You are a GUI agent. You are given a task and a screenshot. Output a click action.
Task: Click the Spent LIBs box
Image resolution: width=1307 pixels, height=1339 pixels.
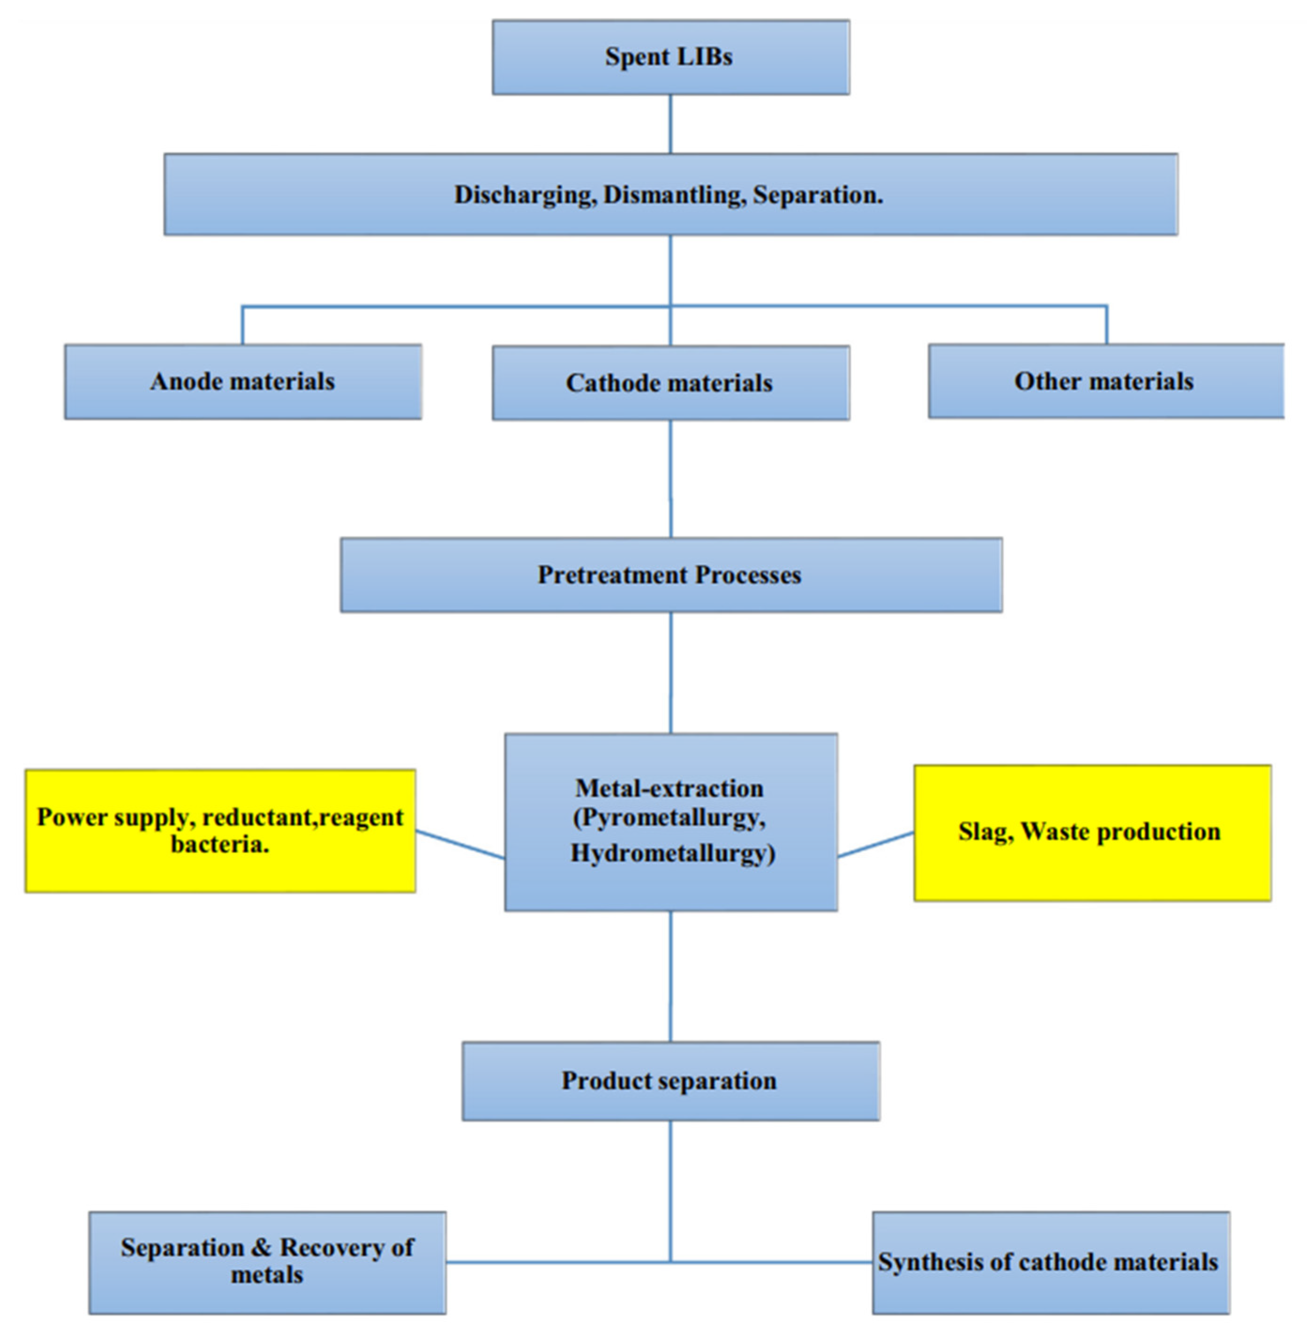(x=670, y=57)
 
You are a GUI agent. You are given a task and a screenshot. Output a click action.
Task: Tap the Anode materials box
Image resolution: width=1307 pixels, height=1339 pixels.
(x=243, y=382)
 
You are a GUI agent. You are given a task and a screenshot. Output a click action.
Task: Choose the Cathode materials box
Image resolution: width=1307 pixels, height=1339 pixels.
(x=670, y=383)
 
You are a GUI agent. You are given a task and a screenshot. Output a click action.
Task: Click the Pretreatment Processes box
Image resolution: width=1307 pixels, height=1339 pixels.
(x=670, y=575)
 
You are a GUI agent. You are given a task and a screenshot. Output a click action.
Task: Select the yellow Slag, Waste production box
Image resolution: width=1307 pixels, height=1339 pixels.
(x=1092, y=832)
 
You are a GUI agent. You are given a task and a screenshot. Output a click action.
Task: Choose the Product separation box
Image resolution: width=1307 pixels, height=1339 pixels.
(x=670, y=1082)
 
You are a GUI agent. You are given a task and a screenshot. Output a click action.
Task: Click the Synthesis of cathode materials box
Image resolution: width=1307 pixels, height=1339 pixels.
(x=1050, y=1263)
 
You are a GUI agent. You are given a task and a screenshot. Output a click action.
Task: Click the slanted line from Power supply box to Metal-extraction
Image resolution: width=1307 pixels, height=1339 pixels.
(x=460, y=845)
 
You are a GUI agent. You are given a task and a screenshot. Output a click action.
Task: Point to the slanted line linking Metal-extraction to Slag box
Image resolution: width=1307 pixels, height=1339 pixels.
(x=876, y=845)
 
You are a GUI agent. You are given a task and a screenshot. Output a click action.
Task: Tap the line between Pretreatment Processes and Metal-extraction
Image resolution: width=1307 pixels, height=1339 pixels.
(x=671, y=673)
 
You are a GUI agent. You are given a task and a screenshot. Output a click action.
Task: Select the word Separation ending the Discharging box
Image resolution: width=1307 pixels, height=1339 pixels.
(x=817, y=195)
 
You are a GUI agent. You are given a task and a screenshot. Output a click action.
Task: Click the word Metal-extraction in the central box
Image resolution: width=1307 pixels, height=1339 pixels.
(x=669, y=788)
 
